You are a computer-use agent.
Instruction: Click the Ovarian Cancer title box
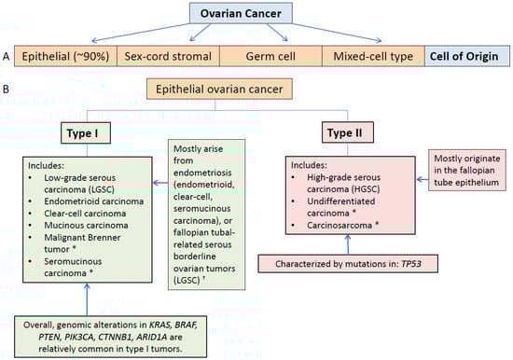241,13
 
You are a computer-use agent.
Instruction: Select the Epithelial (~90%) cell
66,56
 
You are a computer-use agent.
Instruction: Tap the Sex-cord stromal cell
168,56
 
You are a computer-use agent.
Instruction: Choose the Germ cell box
270,56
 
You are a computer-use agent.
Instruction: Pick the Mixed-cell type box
373,56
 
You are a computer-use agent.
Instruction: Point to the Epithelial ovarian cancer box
219,89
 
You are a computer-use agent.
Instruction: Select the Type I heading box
86,133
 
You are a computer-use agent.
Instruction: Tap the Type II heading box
348,132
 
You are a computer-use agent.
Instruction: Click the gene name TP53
411,264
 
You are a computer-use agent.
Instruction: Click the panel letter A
6,57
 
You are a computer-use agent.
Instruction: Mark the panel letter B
6,89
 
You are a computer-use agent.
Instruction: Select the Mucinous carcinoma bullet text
86,225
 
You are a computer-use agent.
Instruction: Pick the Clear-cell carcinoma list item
85,214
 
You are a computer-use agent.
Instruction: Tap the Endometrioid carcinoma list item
94,201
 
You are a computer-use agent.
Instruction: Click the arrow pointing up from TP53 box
348,244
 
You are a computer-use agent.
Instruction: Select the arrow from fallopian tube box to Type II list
423,179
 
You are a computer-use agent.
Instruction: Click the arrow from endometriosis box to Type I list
160,183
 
